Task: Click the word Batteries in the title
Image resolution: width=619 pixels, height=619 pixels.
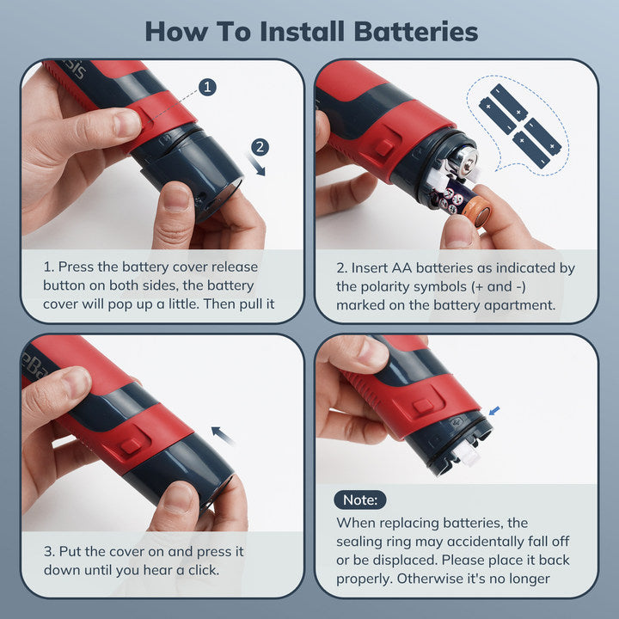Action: pos(416,32)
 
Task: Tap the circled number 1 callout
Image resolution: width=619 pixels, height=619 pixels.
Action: pos(208,87)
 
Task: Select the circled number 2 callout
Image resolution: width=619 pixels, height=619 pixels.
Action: pos(260,147)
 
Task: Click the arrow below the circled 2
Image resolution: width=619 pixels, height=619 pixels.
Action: pos(256,165)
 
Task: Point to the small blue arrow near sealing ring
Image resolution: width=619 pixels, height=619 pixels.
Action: pos(494,411)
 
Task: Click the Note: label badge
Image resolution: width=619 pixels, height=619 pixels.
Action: pos(359,499)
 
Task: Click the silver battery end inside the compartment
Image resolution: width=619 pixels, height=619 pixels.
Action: pos(466,161)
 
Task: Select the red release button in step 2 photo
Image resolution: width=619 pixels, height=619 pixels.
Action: pos(384,148)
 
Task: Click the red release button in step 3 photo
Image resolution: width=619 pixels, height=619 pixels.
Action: pos(131,445)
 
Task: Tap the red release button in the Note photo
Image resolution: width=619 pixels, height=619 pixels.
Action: pos(423,406)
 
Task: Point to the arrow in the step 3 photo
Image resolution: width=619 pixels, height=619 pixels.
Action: pos(223,435)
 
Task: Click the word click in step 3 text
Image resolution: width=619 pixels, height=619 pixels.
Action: pos(203,570)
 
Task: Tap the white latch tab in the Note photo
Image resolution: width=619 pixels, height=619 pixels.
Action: pos(468,457)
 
